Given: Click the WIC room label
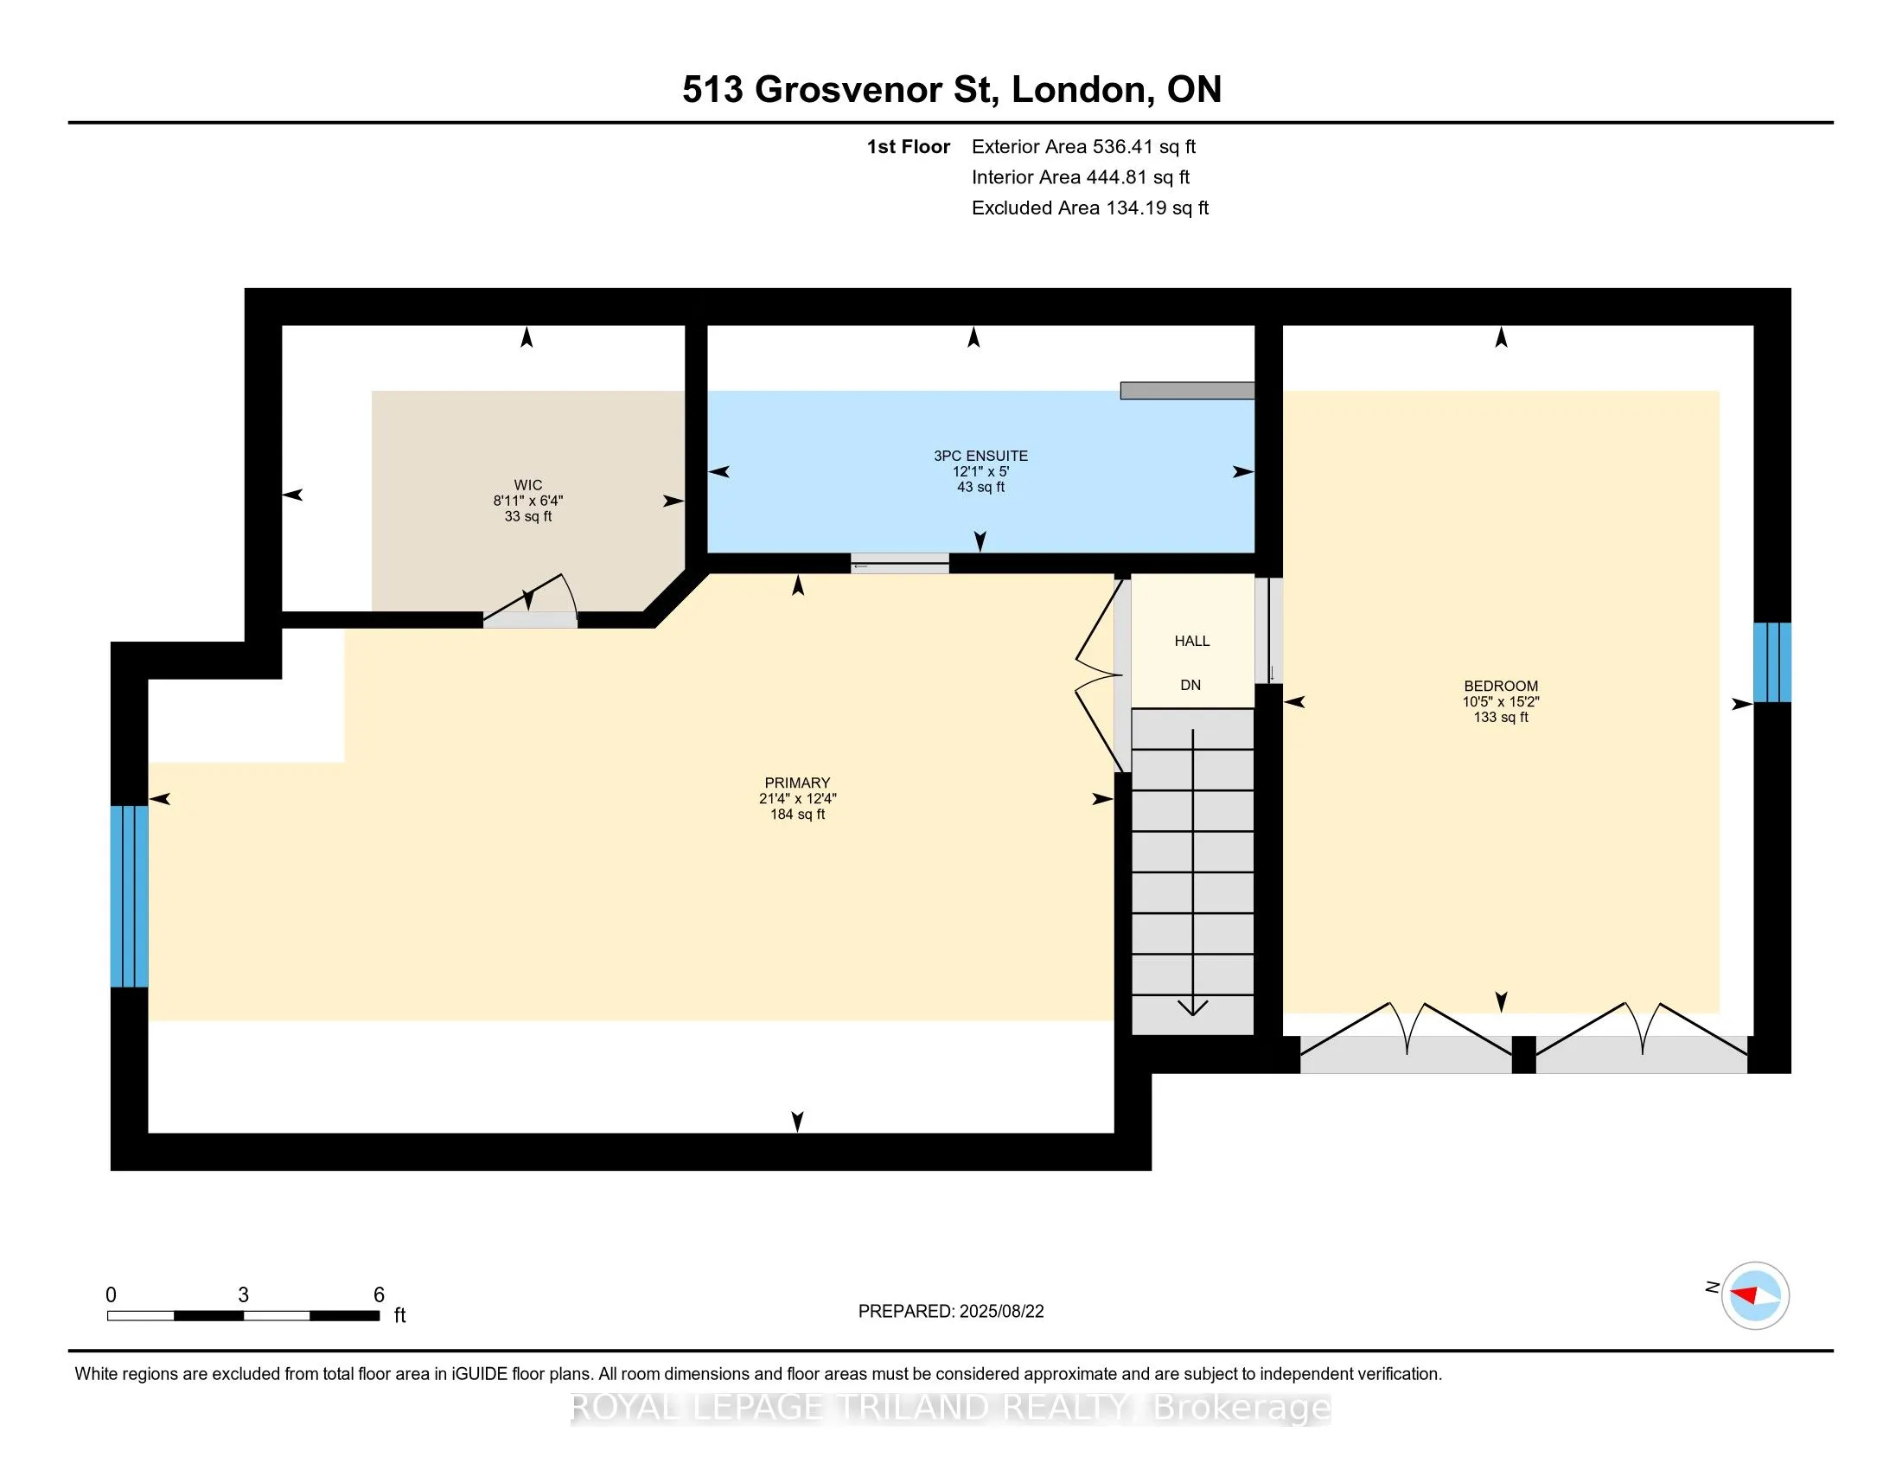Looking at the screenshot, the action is (527, 485).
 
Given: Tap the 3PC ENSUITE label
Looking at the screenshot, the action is (980, 456).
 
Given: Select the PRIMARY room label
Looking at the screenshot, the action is (797, 783).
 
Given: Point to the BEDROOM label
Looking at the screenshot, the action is (1501, 687).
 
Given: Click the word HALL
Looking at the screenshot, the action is (1191, 641).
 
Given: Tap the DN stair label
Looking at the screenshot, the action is (1190, 686).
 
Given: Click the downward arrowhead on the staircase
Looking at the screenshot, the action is (1192, 1007).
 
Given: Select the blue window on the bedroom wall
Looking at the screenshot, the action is (1771, 661).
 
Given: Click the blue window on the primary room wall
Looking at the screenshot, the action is (129, 896).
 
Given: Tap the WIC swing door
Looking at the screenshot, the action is (529, 599).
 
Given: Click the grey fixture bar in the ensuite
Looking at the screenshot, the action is (1187, 390).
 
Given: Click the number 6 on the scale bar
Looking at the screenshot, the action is (379, 1295).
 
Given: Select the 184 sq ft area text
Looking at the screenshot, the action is (797, 815).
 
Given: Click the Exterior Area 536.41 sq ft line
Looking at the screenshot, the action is (1083, 147).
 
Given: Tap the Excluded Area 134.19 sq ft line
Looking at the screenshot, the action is (1090, 208).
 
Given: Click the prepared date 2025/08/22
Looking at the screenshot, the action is (1001, 1312).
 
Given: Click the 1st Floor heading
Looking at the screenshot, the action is (908, 147).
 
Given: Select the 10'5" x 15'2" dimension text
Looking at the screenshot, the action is (1501, 702).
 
